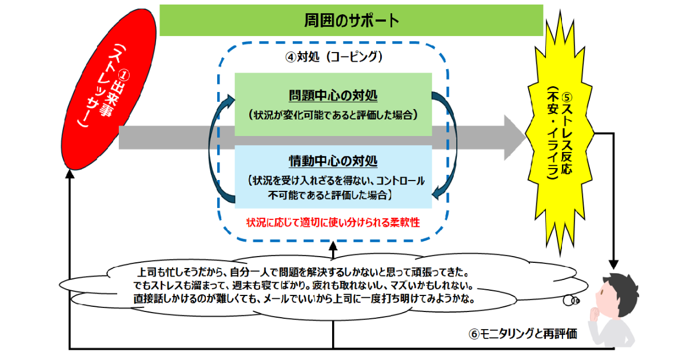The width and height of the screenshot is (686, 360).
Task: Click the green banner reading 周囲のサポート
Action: point(351,21)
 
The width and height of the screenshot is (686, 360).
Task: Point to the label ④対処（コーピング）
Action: point(333,57)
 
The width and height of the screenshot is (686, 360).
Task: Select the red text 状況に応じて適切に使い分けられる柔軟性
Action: point(333,222)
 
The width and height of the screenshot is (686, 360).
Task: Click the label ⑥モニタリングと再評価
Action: point(523,335)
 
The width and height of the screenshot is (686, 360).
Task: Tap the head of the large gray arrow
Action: point(512,138)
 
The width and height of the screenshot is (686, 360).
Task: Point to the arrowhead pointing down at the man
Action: point(613,265)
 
